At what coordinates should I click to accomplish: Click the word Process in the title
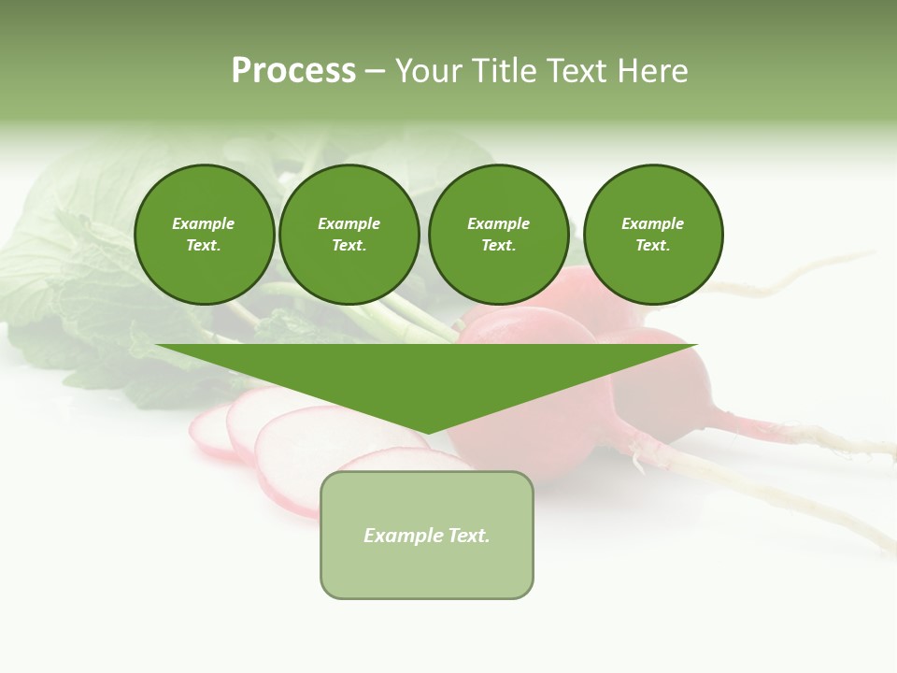tap(293, 71)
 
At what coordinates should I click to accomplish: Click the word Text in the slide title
tap(577, 71)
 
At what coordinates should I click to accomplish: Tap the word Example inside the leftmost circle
tap(204, 223)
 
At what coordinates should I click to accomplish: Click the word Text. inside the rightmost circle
tap(653, 246)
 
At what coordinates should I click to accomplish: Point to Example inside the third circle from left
tap(498, 223)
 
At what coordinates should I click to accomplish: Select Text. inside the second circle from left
tap(349, 246)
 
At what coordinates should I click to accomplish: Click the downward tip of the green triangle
tap(427, 432)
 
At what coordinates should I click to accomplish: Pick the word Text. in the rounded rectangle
tap(469, 536)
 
